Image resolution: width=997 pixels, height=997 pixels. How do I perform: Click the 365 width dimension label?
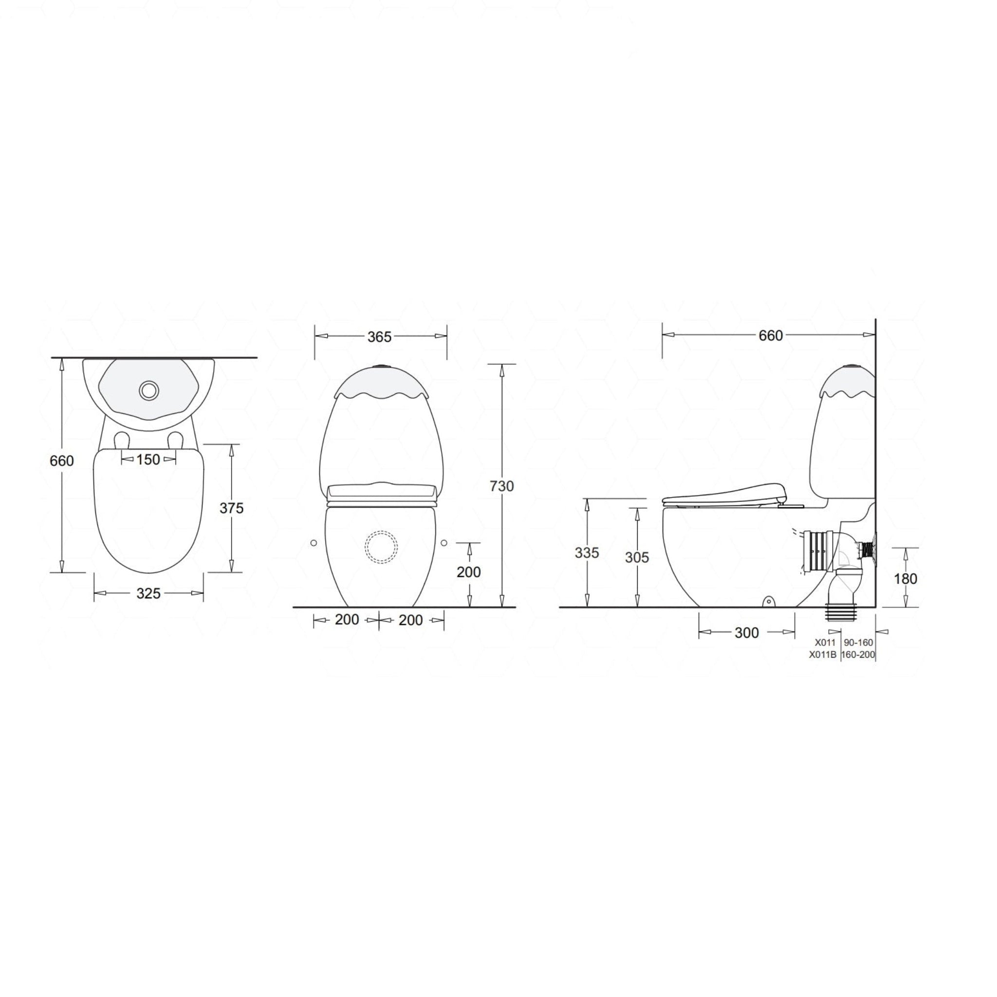[x=379, y=337]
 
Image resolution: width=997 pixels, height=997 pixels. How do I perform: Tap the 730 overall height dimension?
[x=501, y=486]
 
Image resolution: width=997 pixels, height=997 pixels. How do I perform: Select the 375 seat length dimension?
[x=231, y=508]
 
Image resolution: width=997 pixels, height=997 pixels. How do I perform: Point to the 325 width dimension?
[x=148, y=593]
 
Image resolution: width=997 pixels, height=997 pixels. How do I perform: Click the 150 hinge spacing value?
[x=148, y=459]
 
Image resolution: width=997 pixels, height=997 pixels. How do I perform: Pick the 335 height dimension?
[x=587, y=553]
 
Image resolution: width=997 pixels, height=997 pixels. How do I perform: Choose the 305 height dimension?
[x=637, y=557]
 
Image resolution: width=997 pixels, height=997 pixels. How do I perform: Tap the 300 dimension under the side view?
[x=746, y=633]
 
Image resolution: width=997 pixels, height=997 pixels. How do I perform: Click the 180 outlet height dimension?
[x=905, y=578]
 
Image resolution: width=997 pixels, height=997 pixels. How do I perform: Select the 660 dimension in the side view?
[x=771, y=336]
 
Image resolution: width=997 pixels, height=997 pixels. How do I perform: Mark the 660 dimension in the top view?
[x=62, y=461]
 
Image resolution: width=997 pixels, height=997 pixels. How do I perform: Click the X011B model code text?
[x=822, y=655]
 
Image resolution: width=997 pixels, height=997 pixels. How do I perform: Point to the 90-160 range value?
[x=858, y=643]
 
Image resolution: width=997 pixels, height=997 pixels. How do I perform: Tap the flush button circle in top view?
[x=148, y=390]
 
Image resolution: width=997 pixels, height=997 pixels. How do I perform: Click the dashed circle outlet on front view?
[x=381, y=547]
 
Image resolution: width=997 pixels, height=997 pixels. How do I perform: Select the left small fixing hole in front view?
[x=313, y=543]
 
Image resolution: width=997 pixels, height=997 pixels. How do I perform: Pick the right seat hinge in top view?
[x=175, y=440]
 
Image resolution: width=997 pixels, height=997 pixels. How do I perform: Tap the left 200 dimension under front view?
[x=346, y=620]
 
